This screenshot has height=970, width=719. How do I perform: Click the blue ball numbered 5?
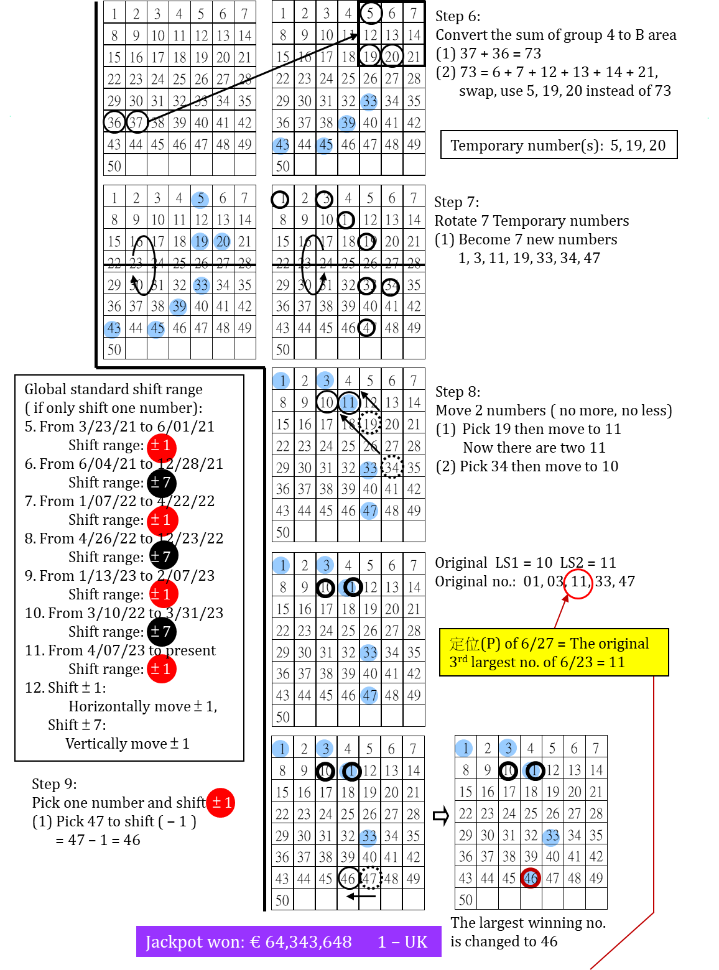[x=200, y=200]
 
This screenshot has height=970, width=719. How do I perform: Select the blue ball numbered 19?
[x=200, y=241]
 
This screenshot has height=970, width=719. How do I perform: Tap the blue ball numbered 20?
[x=222, y=241]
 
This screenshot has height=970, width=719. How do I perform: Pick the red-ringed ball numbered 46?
[x=531, y=878]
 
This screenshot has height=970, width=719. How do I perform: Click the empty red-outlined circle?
[x=578, y=584]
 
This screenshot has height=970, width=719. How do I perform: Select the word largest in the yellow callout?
[x=493, y=662]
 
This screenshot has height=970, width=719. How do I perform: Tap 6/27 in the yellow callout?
[x=537, y=644]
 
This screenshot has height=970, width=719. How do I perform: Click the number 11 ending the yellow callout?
[x=616, y=662]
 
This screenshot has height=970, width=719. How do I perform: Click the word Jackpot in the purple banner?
[x=169, y=942]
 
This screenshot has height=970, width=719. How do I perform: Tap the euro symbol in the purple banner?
[x=255, y=942]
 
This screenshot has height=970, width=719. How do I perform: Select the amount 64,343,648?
[x=308, y=942]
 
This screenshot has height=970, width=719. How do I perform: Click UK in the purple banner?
[x=416, y=942]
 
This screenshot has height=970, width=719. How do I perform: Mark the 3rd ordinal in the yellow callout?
[x=458, y=662]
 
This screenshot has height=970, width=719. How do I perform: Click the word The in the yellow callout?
[x=582, y=644]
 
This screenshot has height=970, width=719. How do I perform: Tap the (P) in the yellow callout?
[x=491, y=644]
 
